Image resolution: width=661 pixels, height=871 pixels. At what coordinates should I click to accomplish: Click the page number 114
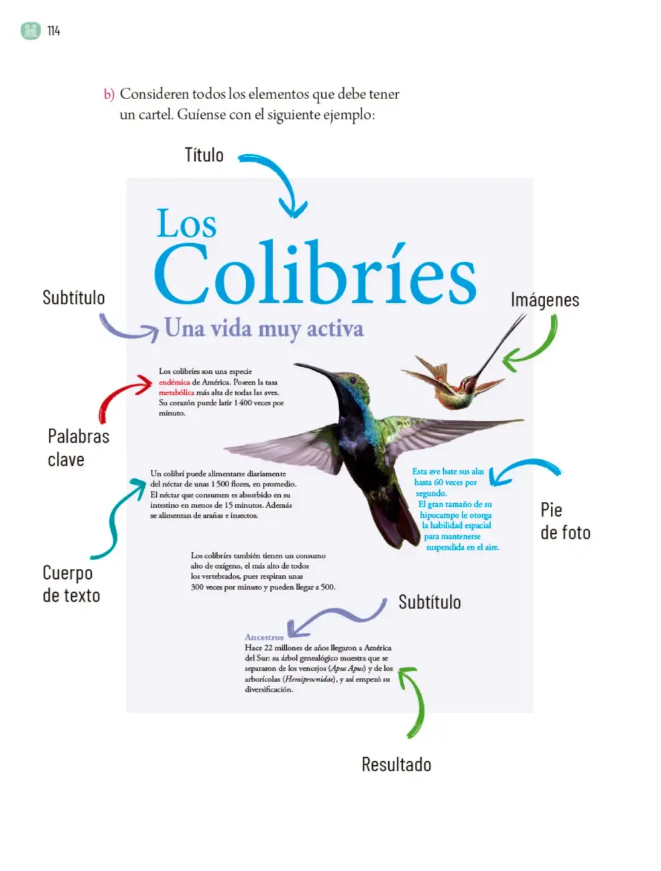(x=54, y=31)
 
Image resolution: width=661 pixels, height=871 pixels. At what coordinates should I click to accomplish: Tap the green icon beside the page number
(x=31, y=31)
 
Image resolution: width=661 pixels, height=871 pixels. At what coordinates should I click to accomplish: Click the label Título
(x=204, y=155)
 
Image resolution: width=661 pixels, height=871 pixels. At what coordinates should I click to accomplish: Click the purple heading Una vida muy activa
(x=264, y=329)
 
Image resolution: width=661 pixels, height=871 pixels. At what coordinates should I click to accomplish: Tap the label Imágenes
(x=544, y=300)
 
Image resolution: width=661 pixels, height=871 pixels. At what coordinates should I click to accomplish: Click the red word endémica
(x=174, y=383)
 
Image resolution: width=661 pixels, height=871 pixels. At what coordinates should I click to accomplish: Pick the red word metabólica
(x=176, y=393)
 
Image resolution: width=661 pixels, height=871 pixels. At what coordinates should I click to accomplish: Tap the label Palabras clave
(x=78, y=448)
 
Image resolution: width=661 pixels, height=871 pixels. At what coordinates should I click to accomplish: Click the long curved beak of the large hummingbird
(x=316, y=369)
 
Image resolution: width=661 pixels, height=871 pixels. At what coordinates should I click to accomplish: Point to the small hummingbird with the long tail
(x=463, y=373)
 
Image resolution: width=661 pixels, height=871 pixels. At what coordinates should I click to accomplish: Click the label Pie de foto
(x=565, y=521)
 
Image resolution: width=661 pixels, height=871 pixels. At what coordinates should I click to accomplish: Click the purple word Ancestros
(x=264, y=637)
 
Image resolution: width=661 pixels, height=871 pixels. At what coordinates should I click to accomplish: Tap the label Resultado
(x=396, y=764)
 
